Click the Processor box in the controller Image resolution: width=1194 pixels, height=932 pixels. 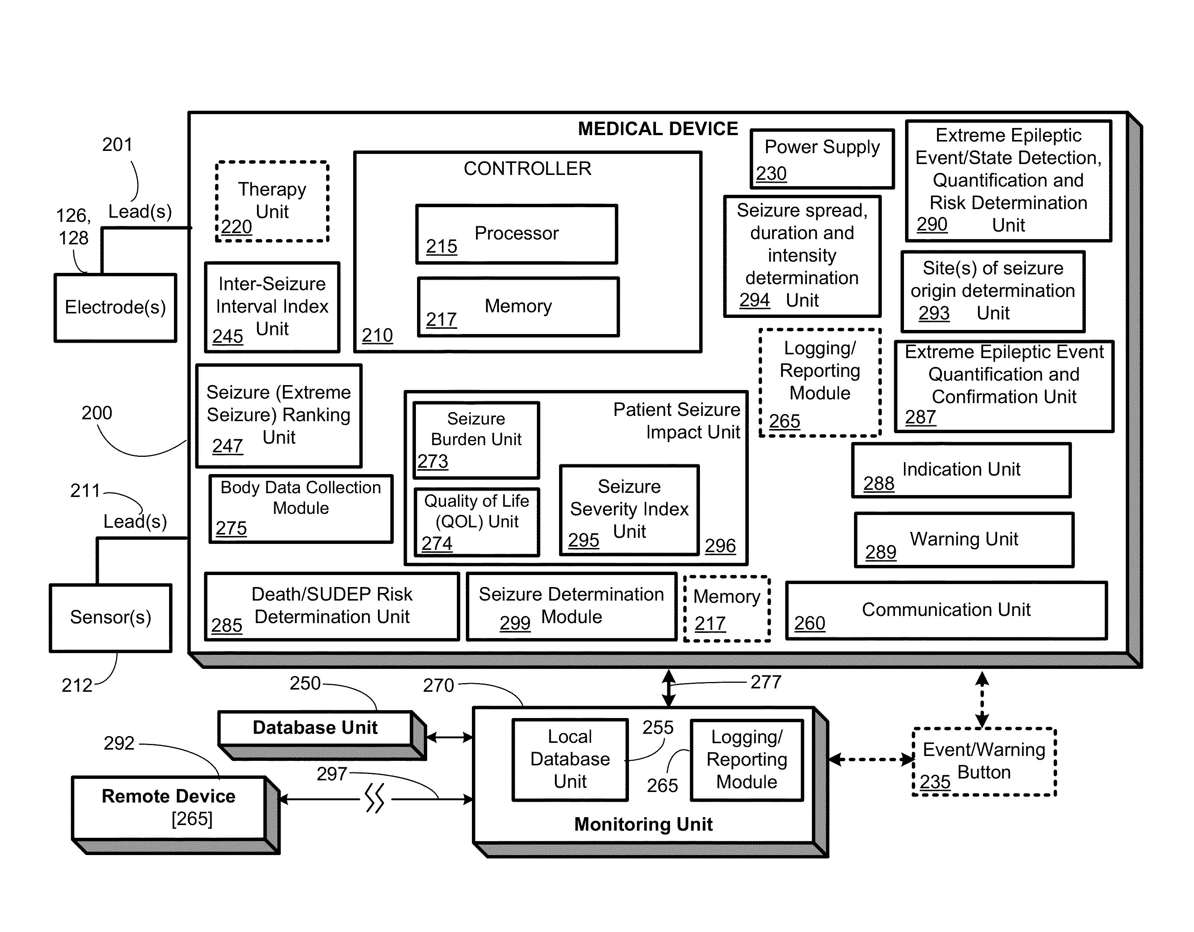517,234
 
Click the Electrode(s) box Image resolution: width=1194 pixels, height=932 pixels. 115,307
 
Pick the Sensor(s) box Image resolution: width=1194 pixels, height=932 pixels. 110,618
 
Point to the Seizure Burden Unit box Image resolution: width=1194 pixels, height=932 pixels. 476,440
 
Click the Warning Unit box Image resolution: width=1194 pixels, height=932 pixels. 964,540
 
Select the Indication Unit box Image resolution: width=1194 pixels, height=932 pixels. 961,470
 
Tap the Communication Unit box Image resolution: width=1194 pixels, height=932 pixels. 946,610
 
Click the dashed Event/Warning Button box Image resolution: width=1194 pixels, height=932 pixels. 984,762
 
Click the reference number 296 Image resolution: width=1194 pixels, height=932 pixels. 720,546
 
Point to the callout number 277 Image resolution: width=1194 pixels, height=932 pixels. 766,682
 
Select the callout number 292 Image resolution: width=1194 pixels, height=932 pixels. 119,743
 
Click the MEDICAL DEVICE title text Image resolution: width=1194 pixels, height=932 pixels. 658,129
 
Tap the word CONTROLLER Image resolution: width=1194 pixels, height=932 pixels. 527,168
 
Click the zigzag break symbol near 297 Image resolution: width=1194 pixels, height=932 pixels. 375,799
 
